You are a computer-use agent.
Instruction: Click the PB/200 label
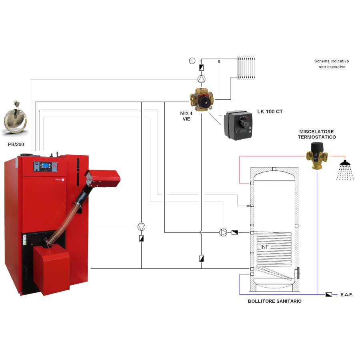pyautogui.click(x=16, y=144)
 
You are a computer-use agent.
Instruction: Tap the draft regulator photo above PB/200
pyautogui.click(x=16, y=118)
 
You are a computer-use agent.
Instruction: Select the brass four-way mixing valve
pyautogui.click(x=202, y=100)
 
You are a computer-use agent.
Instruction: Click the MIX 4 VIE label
pyautogui.click(x=186, y=116)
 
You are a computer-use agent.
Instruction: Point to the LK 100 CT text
pyautogui.click(x=270, y=112)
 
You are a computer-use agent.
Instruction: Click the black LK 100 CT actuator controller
pyautogui.click(x=238, y=125)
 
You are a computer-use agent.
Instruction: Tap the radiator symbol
pyautogui.click(x=246, y=68)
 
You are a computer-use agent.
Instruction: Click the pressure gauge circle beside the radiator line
pyautogui.click(x=192, y=61)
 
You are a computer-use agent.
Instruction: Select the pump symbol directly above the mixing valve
pyautogui.click(x=201, y=79)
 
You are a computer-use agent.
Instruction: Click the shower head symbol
pyautogui.click(x=345, y=170)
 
